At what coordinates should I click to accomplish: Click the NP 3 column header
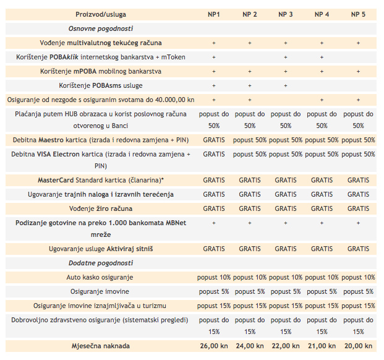click(x=286, y=14)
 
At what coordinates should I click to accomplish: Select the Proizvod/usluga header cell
click(x=101, y=14)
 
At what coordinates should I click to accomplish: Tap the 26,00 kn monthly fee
click(x=214, y=346)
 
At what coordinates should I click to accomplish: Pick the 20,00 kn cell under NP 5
click(x=358, y=346)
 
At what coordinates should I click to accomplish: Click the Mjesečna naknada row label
click(x=101, y=346)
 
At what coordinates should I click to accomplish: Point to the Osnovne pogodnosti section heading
click(x=101, y=28)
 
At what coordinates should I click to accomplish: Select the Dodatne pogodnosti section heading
click(x=101, y=263)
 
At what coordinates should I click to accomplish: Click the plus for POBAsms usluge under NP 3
click(x=286, y=86)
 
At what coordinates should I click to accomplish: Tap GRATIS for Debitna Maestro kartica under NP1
click(x=214, y=140)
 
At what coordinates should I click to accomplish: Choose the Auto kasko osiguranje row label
click(x=100, y=277)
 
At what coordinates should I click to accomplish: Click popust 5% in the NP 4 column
click(x=322, y=291)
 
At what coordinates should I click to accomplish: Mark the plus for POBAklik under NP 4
click(x=322, y=58)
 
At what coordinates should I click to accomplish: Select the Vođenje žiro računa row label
click(x=101, y=208)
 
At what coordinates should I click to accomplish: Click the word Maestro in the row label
click(x=51, y=140)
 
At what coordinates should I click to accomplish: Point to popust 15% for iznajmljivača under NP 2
click(x=250, y=306)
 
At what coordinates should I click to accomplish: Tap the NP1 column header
click(x=214, y=14)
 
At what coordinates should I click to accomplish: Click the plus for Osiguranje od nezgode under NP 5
click(x=358, y=100)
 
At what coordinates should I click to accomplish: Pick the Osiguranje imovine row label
click(x=100, y=291)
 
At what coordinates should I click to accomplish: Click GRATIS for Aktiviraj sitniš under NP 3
click(x=286, y=249)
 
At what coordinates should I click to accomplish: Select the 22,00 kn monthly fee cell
click(x=286, y=346)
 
